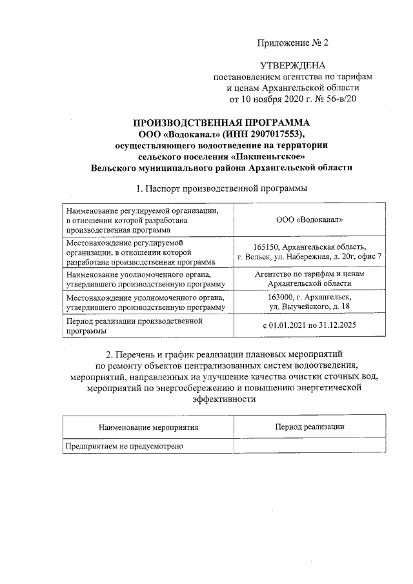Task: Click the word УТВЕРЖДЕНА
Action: (293, 66)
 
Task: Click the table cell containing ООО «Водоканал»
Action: (308, 219)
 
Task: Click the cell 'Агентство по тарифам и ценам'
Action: (309, 273)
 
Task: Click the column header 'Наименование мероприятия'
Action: (148, 427)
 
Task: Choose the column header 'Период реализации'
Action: (309, 427)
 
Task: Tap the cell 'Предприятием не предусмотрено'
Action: (125, 446)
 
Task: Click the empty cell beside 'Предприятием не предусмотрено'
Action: (309, 446)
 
